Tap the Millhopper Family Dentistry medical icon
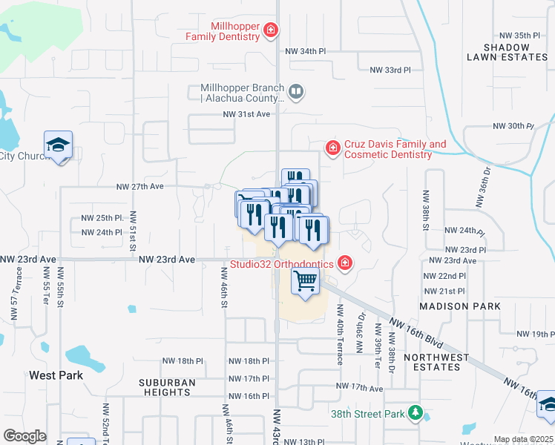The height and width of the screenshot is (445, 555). click(x=272, y=30)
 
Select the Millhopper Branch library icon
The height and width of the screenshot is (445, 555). click(x=296, y=92)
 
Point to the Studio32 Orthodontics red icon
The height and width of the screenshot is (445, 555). click(x=344, y=263)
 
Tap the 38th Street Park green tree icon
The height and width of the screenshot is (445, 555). click(x=416, y=412)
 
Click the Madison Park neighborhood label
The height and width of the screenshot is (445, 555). click(x=455, y=306)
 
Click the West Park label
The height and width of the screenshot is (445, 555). click(x=56, y=375)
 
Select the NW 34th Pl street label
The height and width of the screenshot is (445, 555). click(x=306, y=51)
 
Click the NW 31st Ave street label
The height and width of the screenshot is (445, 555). click(x=247, y=114)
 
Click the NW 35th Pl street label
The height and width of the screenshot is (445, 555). click(x=520, y=35)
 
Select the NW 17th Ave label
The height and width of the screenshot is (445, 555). click(x=359, y=387)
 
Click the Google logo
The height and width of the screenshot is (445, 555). click(x=24, y=436)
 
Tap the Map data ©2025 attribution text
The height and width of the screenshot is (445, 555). click(x=523, y=439)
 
